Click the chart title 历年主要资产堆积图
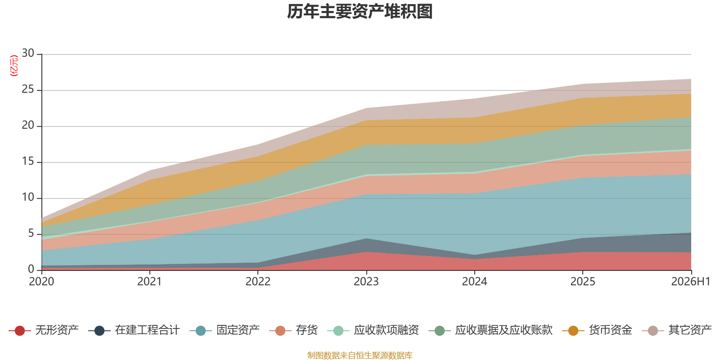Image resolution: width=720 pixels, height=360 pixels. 360,12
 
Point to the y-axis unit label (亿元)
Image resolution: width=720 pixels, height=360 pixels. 14,66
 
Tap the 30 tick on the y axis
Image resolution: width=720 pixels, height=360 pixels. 28,53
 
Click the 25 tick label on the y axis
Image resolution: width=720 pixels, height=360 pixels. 28,89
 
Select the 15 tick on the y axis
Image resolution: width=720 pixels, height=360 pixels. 28,161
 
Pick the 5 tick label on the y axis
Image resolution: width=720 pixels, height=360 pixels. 31,233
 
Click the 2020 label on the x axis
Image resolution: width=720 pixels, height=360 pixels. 41,282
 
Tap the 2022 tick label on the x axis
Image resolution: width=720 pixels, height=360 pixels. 258,282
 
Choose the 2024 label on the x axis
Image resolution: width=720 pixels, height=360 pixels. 474,282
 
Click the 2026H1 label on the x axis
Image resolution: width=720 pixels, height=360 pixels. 691,282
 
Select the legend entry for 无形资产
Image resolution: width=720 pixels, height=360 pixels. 44,330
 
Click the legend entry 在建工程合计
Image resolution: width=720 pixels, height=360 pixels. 134,330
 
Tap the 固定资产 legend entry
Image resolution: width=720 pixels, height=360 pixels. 225,330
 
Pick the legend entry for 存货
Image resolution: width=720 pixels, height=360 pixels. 293,330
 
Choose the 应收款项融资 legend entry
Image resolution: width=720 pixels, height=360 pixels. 373,330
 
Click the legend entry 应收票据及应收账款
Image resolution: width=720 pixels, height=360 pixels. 490,330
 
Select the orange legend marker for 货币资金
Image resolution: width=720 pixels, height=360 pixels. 573,330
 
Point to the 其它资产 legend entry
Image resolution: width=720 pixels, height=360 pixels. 677,330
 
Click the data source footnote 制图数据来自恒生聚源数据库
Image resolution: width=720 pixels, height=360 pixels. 360,355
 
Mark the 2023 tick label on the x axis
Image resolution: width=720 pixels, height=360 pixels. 366,282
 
